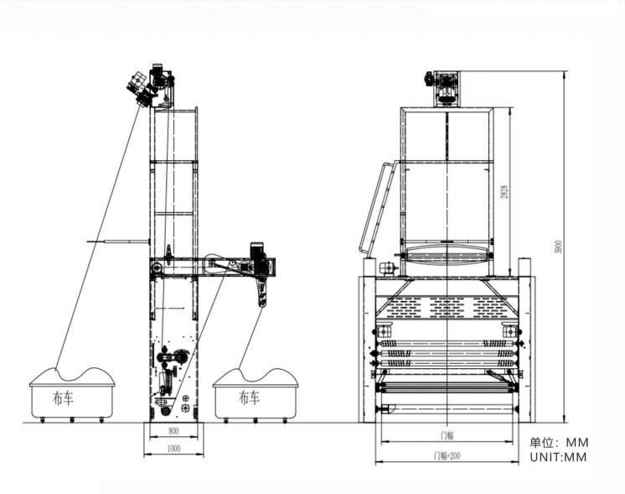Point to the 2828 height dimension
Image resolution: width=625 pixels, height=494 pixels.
click(504, 191)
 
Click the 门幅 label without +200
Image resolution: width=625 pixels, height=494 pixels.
click(447, 435)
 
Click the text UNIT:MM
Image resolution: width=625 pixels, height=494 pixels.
click(558, 457)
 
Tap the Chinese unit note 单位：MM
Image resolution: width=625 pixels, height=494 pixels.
click(559, 442)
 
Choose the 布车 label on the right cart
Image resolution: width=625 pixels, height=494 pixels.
click(249, 396)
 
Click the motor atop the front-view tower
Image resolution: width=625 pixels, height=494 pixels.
click(445, 87)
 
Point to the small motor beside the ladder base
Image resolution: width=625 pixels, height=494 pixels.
click(387, 269)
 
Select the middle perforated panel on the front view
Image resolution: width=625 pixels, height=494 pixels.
click(447, 307)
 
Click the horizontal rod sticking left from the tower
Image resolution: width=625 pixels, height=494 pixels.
click(116, 242)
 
